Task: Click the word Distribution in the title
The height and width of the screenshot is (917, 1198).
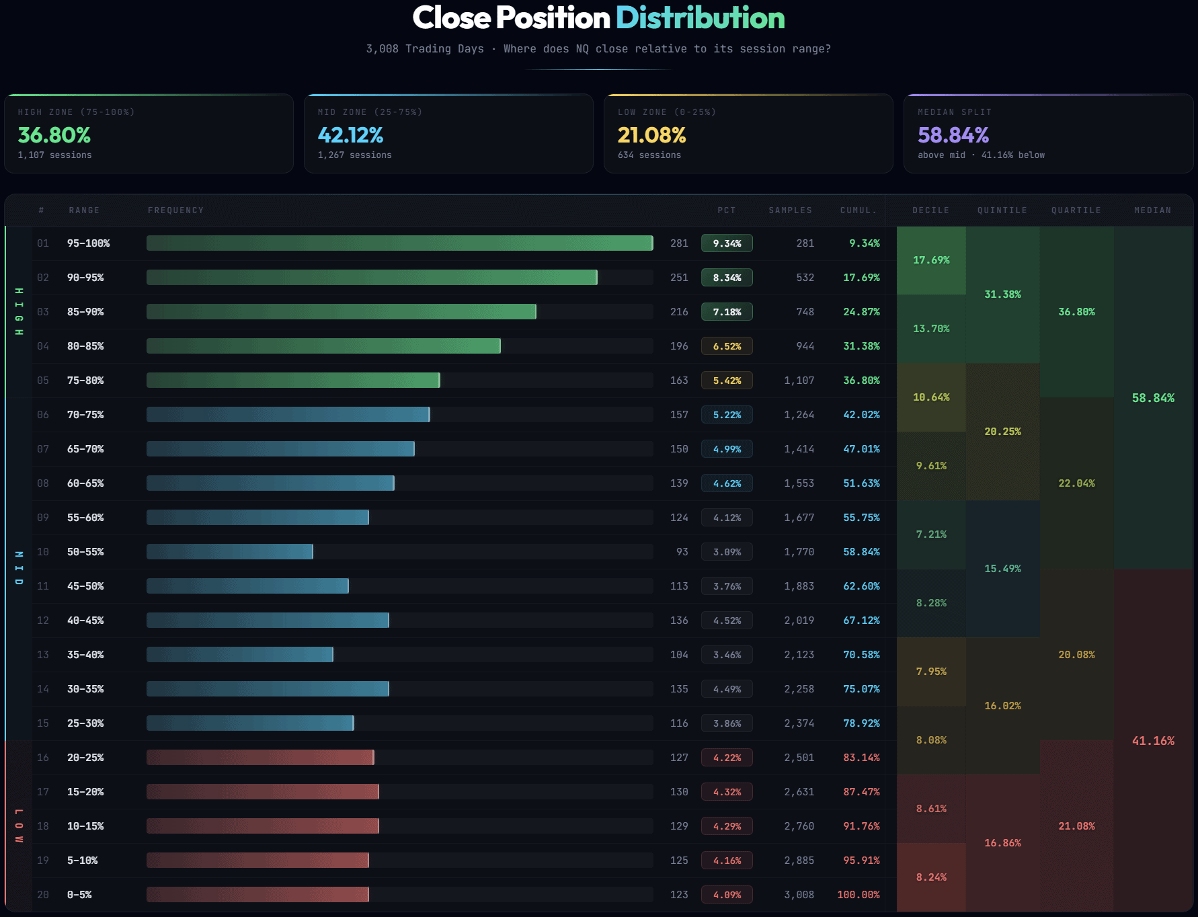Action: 700,18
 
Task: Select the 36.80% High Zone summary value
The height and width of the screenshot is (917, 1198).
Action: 54,135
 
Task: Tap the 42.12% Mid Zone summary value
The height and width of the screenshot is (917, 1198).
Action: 350,135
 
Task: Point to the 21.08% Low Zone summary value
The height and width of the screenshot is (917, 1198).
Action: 651,135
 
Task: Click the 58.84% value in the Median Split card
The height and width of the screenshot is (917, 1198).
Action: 953,135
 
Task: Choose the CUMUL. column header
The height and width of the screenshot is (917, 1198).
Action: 858,210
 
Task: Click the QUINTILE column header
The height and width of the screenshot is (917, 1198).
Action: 1002,210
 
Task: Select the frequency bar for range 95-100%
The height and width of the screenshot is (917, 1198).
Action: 399,243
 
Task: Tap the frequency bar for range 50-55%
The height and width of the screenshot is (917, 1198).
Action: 230,552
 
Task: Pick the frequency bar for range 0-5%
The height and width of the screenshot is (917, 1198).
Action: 257,895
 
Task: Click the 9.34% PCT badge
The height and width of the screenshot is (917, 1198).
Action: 727,243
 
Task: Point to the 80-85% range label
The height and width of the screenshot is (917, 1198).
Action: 85,346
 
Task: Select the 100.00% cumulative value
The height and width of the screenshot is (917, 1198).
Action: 858,895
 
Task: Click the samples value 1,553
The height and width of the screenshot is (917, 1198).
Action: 799,483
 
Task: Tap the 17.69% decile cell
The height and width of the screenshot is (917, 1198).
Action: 931,260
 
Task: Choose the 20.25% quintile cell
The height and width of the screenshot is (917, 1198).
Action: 1002,432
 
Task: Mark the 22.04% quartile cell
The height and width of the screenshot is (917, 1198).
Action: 1076,483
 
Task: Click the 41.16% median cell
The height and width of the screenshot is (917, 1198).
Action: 1153,741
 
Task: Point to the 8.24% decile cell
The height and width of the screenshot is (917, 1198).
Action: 931,877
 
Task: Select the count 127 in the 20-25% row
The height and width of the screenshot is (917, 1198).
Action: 679,758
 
